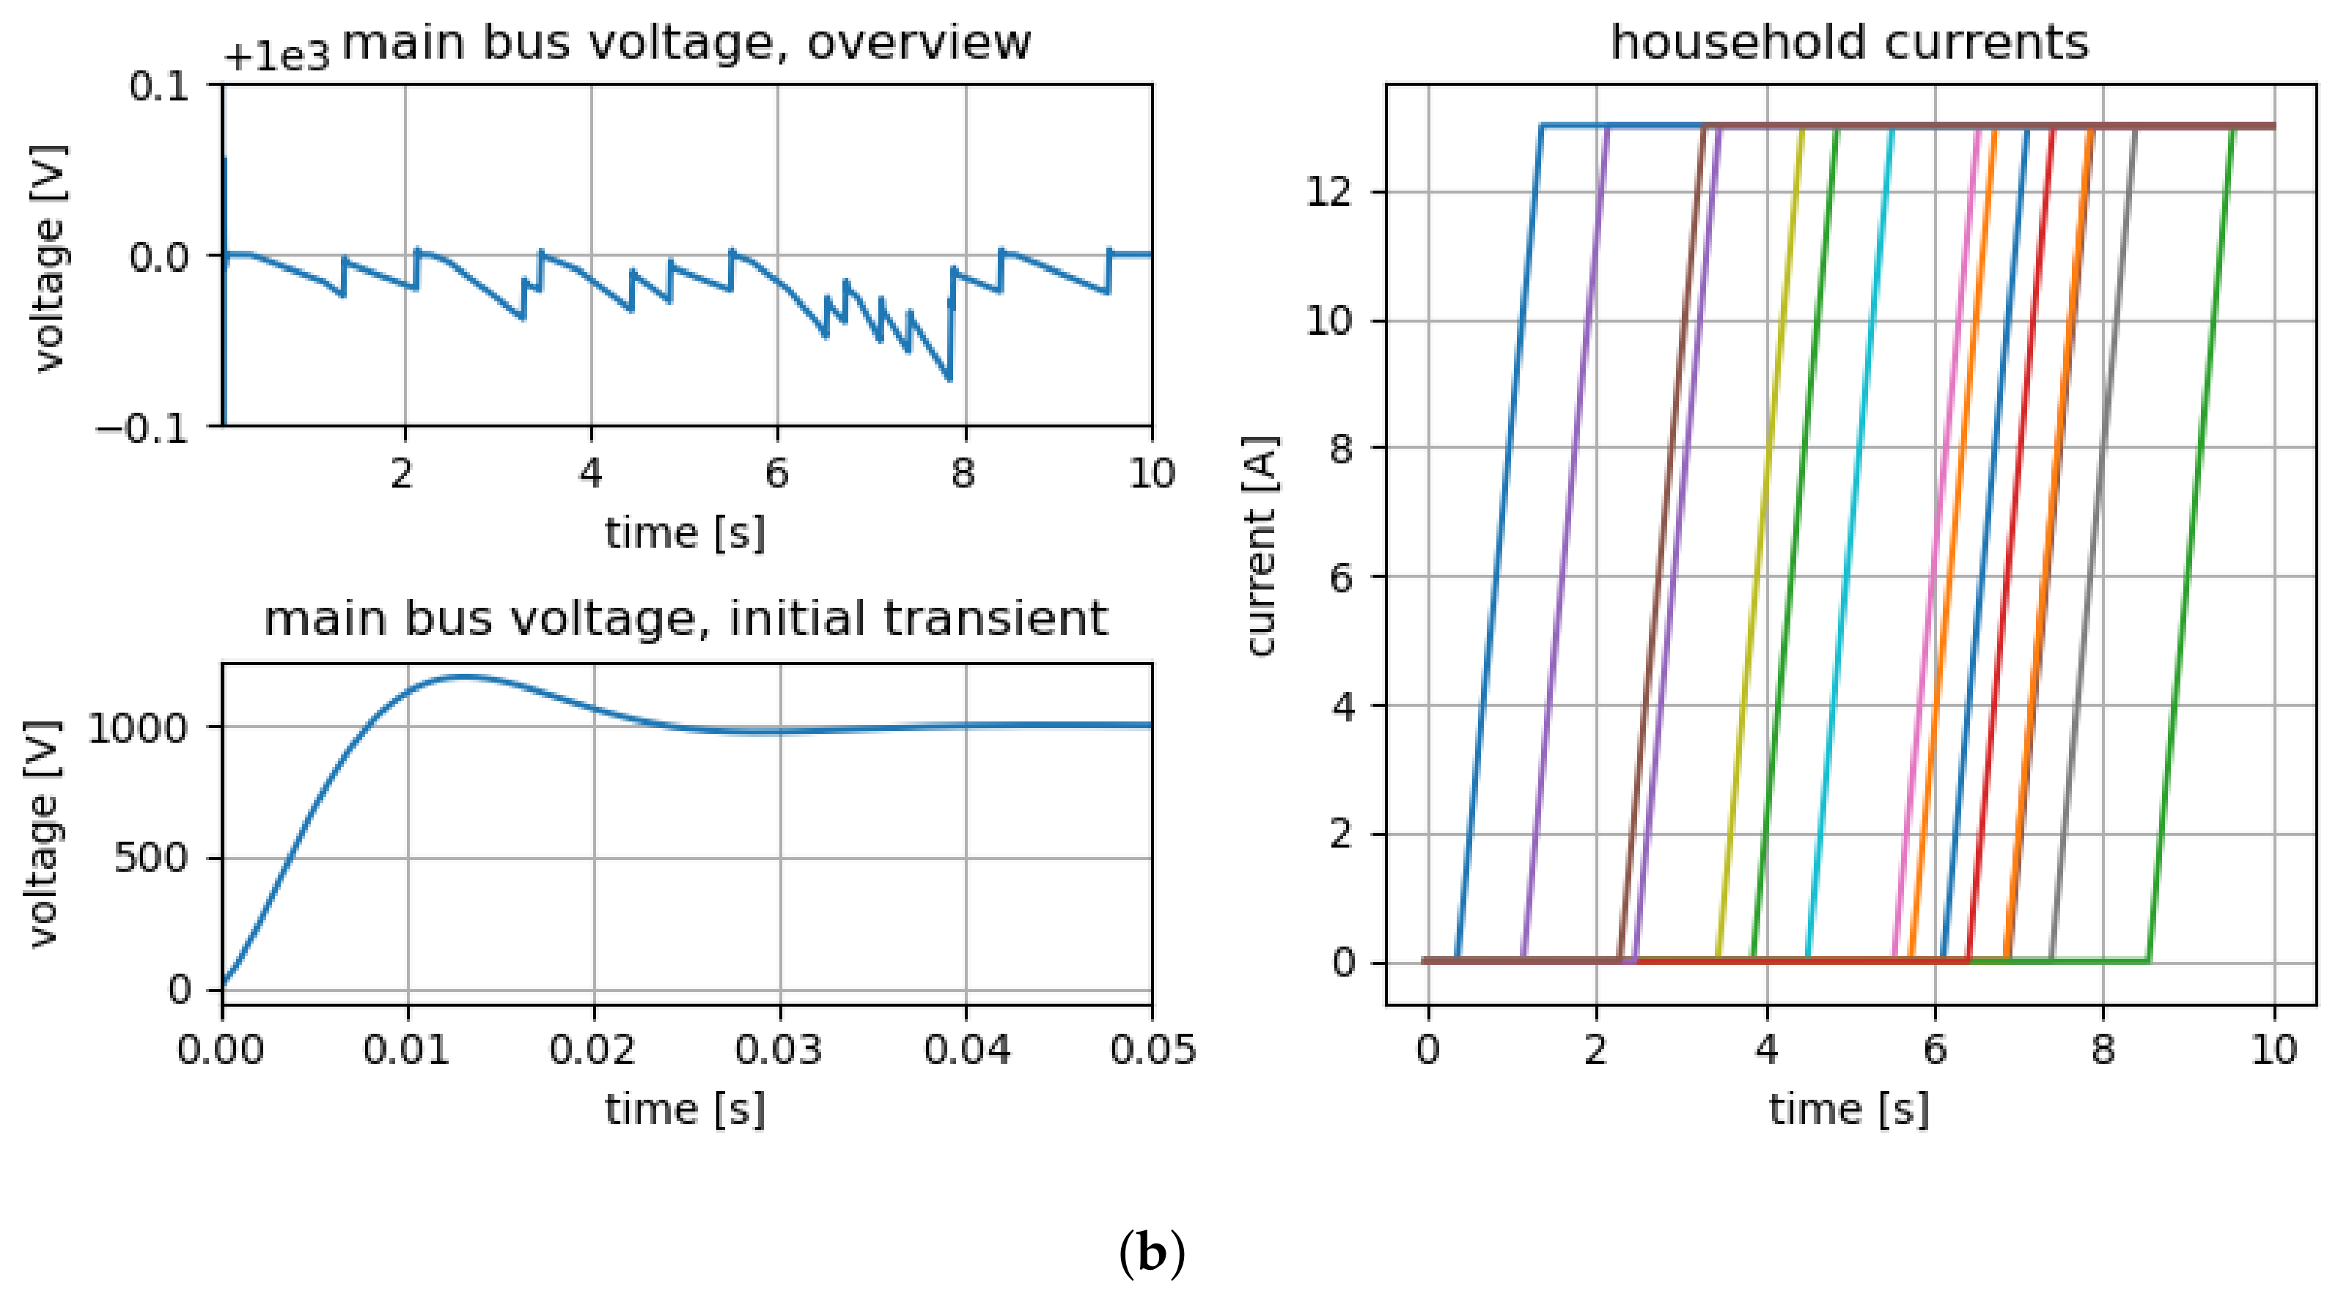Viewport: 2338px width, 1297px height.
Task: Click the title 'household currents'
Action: pos(1849,43)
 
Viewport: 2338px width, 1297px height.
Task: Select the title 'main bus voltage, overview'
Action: pos(686,43)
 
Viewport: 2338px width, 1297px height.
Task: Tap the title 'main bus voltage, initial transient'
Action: pos(685,619)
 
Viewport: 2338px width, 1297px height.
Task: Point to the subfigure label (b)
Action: pos(1151,1254)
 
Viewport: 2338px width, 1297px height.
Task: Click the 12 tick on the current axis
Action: pos(1331,192)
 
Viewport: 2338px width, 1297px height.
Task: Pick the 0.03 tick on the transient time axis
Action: pos(779,1050)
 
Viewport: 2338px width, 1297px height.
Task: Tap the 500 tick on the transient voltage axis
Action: pos(151,858)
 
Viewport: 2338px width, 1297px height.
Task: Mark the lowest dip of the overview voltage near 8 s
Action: pos(949,378)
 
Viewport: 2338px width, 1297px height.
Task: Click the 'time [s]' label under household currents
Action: pos(1849,1109)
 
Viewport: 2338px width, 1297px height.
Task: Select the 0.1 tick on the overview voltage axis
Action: pos(159,87)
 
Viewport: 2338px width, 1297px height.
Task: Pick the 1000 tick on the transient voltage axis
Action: pos(137,727)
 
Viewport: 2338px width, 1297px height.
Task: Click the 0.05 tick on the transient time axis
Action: pos(1153,1050)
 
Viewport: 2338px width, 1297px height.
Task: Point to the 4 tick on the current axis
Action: pos(1343,705)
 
